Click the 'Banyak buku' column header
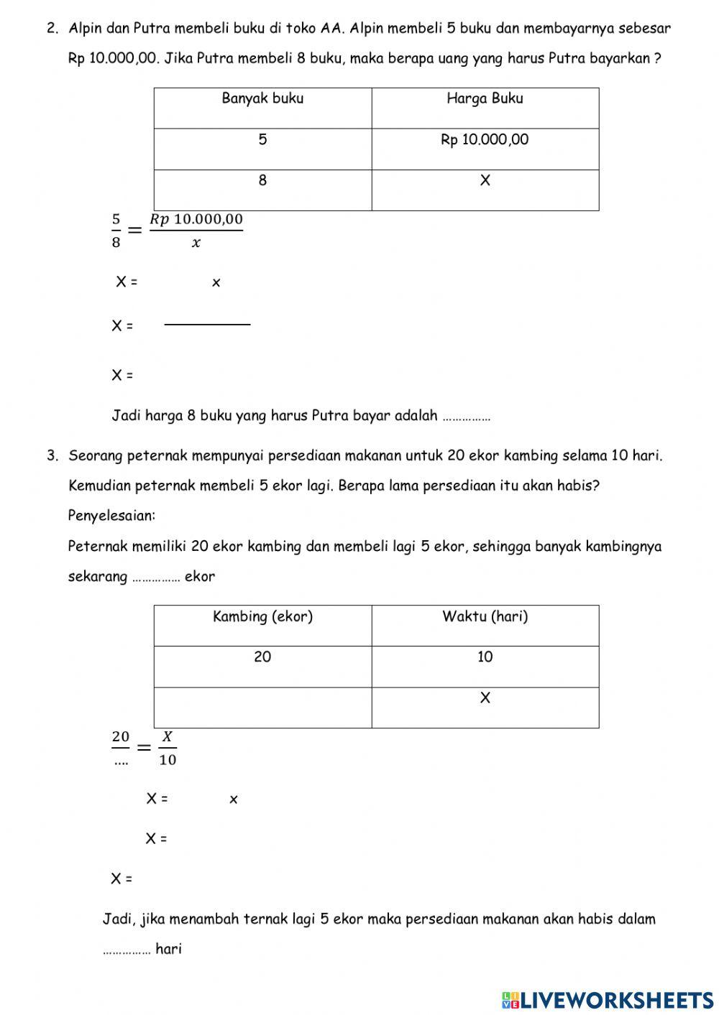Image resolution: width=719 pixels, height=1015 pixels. coord(262,99)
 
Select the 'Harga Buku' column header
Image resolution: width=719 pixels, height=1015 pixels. coord(485,99)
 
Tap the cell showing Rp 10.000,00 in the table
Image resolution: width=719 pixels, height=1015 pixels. coord(485,140)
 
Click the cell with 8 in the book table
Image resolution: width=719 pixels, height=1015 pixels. coord(262,181)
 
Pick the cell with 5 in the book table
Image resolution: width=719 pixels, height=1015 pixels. coord(262,140)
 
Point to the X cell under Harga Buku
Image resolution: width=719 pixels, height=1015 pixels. coord(485,181)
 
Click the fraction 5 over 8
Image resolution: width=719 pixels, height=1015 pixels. coord(116,231)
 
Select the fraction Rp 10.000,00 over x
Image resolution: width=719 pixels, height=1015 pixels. coord(196,231)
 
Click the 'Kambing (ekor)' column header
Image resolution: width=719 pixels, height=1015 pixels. coord(262,617)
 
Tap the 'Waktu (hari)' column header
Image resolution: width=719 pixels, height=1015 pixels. coord(485,617)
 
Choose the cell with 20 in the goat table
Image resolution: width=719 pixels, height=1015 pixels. coord(262,657)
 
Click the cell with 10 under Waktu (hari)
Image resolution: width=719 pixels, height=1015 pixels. coord(485,657)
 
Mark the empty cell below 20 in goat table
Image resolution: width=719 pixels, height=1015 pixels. coord(262,708)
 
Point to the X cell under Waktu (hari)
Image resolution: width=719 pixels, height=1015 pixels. coord(485,698)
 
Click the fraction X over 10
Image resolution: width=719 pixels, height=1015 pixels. coord(168,748)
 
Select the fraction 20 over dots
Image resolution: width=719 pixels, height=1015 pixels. coord(121,748)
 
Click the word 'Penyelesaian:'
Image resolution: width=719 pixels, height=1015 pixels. coord(111,516)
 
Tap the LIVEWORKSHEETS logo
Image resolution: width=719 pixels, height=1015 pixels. coord(608,999)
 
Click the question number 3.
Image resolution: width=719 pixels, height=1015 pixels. coord(52,455)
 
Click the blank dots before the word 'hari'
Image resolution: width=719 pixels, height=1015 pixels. coord(127,950)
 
